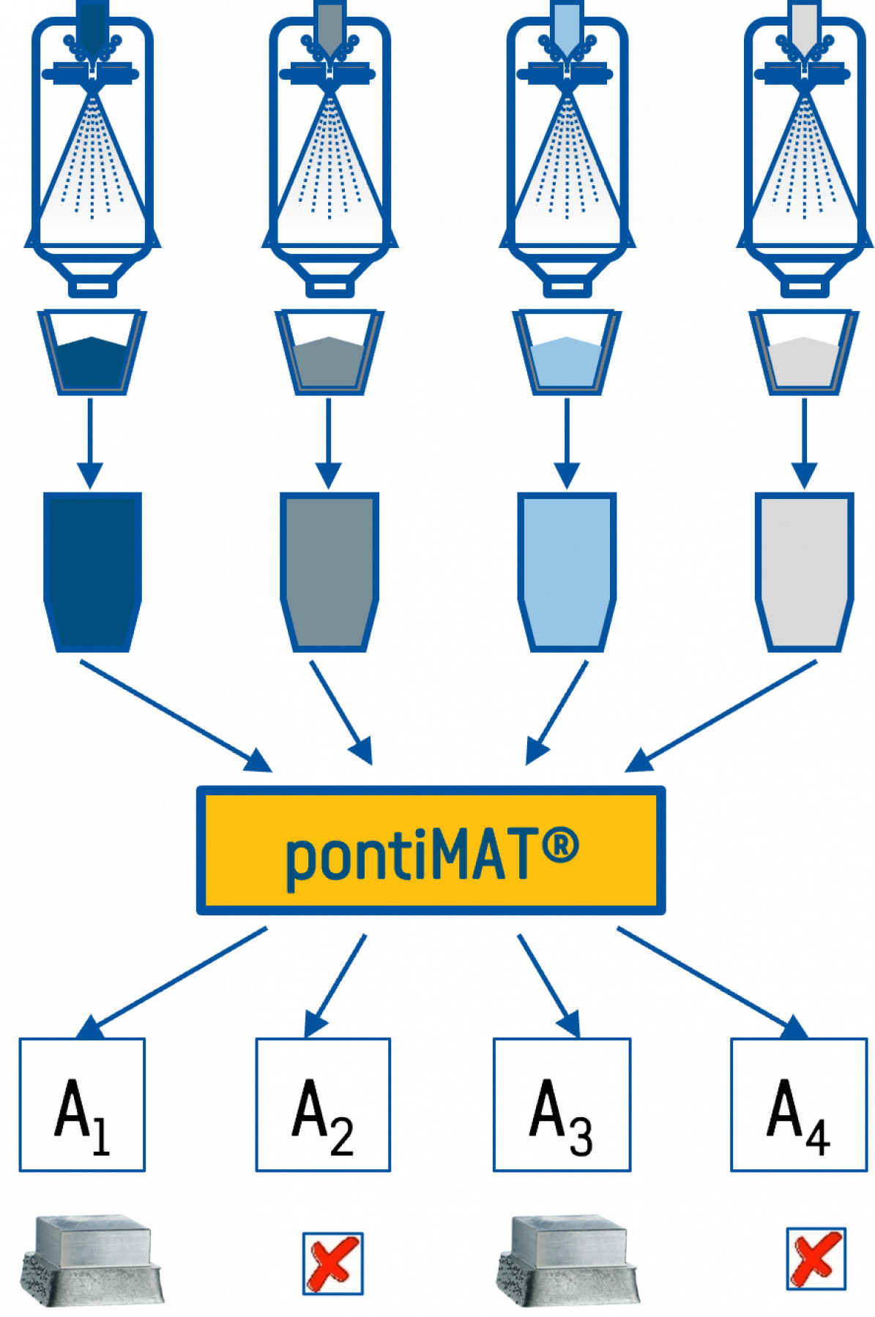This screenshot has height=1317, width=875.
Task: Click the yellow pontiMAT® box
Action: click(431, 850)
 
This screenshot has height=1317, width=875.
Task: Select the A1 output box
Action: click(82, 1104)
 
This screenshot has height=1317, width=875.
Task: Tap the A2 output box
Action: click(323, 1104)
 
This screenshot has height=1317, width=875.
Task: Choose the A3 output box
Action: click(562, 1104)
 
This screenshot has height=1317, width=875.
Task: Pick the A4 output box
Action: click(799, 1104)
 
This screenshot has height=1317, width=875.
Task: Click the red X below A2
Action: click(333, 1263)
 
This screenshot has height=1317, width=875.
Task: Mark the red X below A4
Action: click(816, 1259)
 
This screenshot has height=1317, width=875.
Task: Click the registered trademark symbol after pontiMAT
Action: click(561, 845)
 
